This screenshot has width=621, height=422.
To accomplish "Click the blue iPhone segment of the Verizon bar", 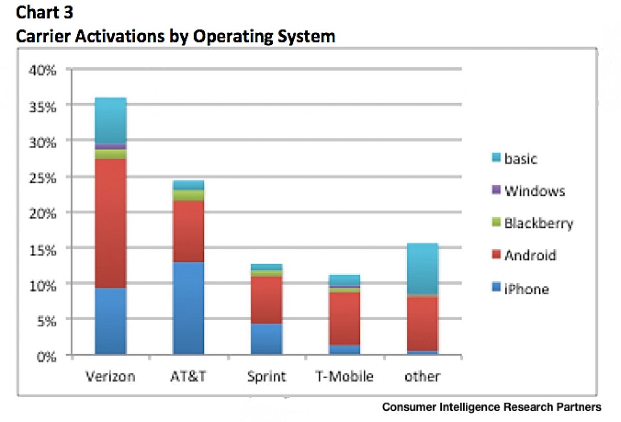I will coord(110,321).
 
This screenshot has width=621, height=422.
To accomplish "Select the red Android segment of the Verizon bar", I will coord(110,223).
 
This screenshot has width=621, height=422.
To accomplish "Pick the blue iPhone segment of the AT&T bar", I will coord(188,308).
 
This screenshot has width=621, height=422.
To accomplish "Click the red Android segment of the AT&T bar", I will coord(188,231).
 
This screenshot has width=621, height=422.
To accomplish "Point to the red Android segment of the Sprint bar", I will coord(267,299).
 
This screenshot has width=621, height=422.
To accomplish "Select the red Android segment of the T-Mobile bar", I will coord(345,318).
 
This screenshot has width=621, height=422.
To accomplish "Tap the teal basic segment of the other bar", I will coord(422,268).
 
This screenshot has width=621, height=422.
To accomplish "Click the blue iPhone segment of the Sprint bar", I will coord(267,339).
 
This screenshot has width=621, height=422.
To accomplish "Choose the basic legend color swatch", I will coord(495,158).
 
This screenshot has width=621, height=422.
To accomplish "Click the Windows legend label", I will coord(535,191).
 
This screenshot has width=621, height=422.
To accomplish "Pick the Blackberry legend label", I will coord(539,223).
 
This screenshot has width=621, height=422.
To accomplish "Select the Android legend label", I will coord(530,255).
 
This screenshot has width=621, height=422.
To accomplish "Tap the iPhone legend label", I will coord(527,288).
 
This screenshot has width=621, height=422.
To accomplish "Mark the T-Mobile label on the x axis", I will coord(345,376).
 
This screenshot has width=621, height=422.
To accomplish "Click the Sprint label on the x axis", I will coord(267,376).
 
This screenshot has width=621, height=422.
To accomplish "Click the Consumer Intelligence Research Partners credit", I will coord(492,408).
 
